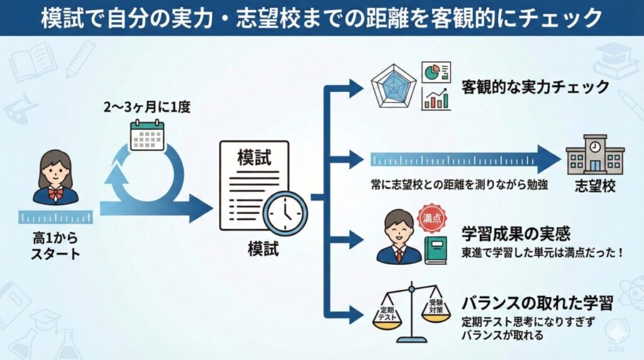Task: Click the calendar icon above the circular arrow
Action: (147, 135)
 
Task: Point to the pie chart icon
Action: (435, 72)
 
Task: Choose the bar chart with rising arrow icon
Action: (436, 99)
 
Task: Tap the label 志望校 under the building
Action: (594, 186)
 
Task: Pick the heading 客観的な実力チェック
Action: (535, 87)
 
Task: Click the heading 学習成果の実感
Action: (515, 234)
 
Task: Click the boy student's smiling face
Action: (399, 228)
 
